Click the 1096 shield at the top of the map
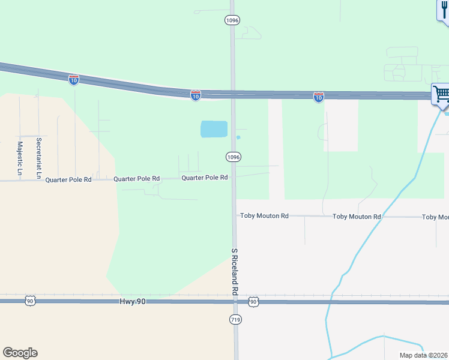tap(233, 20)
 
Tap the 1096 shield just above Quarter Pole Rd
tap(234, 157)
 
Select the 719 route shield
tap(235, 320)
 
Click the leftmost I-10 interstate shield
tap(73, 79)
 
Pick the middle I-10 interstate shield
tap(196, 95)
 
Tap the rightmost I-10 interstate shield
tap(319, 97)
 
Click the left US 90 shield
tap(29, 301)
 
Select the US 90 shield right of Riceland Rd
tap(253, 301)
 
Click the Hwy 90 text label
tap(132, 302)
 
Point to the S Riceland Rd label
tap(235, 271)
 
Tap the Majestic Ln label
tap(20, 158)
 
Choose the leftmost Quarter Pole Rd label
tap(68, 179)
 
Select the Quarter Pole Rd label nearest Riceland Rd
tap(204, 178)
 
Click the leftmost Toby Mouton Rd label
tap(264, 215)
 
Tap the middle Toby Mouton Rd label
tap(357, 217)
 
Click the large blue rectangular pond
tap(214, 129)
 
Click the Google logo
tap(20, 353)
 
